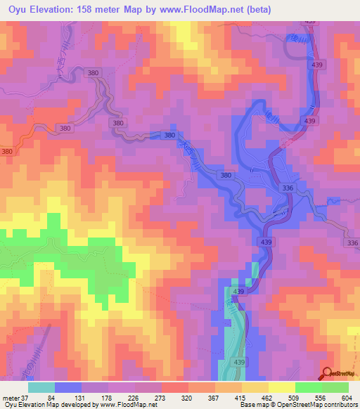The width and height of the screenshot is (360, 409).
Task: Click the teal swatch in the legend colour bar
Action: pos(41,387)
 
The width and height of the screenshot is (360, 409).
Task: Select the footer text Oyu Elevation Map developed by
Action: pos(45,405)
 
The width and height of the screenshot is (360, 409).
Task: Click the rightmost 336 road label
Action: pos(352,243)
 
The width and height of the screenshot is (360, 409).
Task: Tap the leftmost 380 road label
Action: pos(7,152)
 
